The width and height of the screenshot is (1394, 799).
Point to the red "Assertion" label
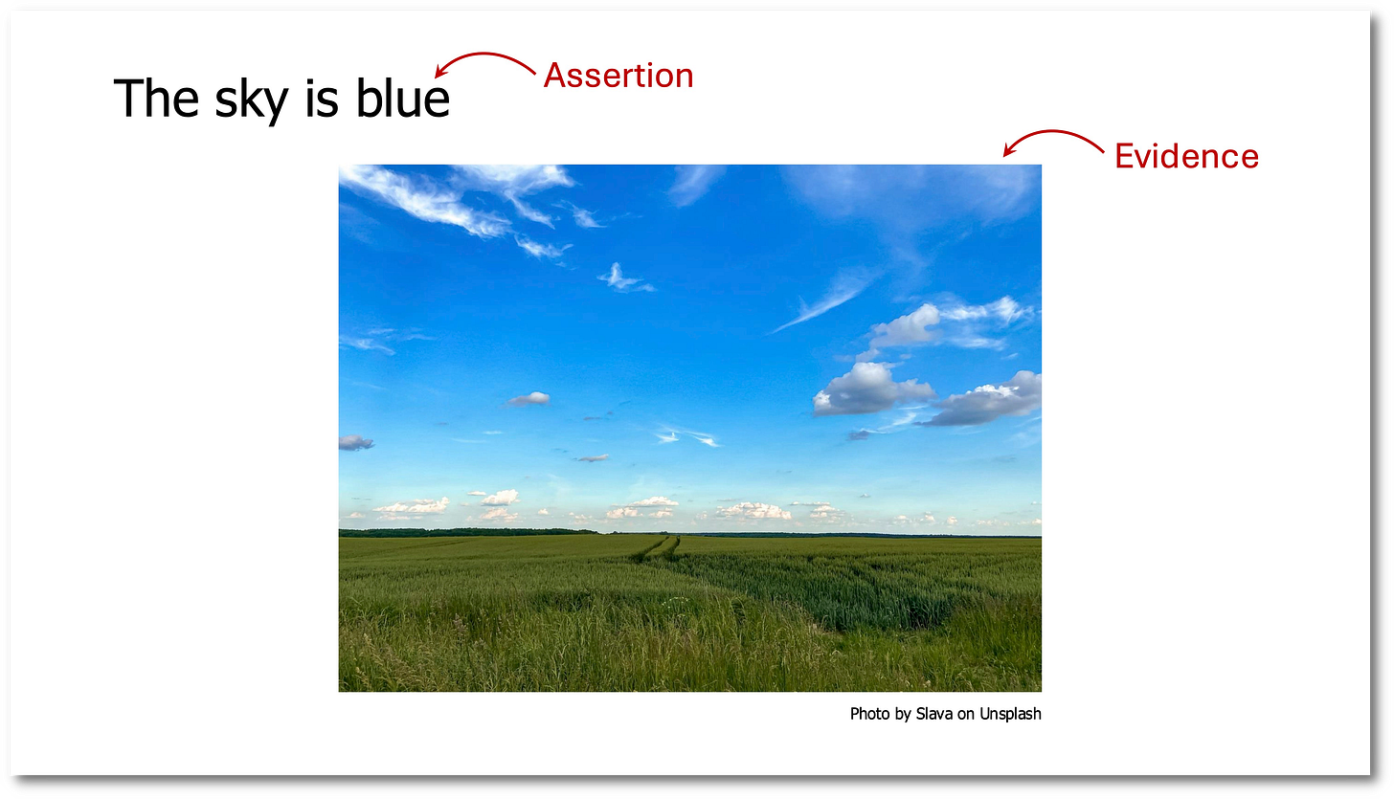(x=618, y=76)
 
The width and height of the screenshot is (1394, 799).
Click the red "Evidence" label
(x=1186, y=156)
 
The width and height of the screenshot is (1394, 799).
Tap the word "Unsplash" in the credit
(x=1010, y=714)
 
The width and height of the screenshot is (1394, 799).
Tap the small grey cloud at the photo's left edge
(x=354, y=442)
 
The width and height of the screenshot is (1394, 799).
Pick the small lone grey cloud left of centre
(x=529, y=399)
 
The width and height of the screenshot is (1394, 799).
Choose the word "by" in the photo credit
(x=903, y=715)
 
